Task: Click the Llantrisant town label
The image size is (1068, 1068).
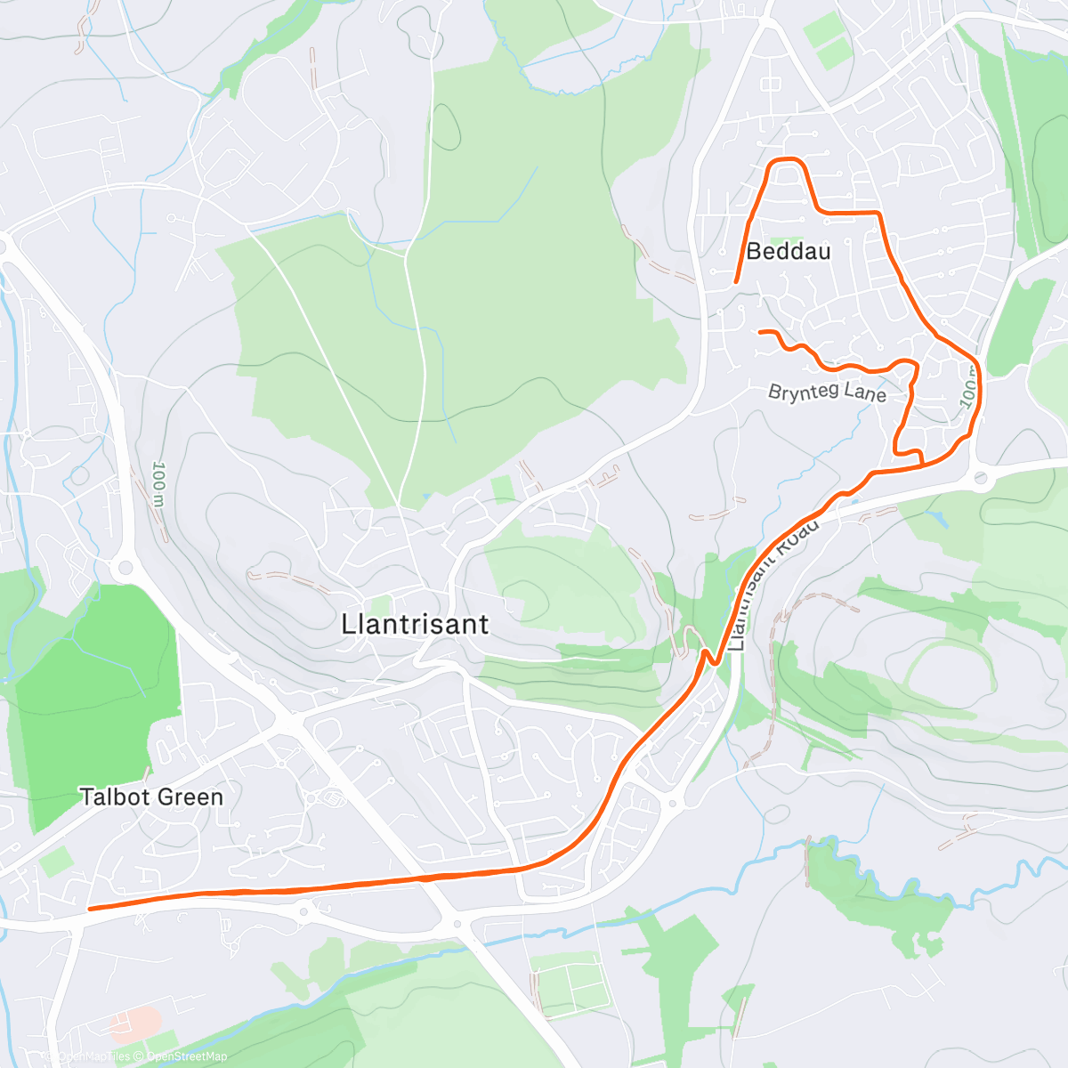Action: [x=415, y=624]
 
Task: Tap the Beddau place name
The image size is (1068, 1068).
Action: [x=788, y=252]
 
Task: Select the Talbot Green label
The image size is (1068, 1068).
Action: [x=151, y=797]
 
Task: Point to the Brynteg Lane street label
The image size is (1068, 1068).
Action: [x=827, y=392]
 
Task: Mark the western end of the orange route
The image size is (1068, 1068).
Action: [x=90, y=909]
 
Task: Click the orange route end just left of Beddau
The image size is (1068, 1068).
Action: [x=735, y=282]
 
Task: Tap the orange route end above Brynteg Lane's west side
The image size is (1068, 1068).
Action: [x=760, y=332]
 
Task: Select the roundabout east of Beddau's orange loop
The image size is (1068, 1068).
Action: [x=980, y=479]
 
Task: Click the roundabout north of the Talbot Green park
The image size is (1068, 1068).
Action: [x=124, y=567]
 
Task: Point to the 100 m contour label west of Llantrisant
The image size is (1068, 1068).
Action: [x=159, y=484]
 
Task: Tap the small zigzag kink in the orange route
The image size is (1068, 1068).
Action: [x=708, y=659]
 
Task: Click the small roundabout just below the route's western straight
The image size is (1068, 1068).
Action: [x=305, y=911]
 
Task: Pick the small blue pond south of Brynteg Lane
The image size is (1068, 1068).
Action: [x=934, y=517]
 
